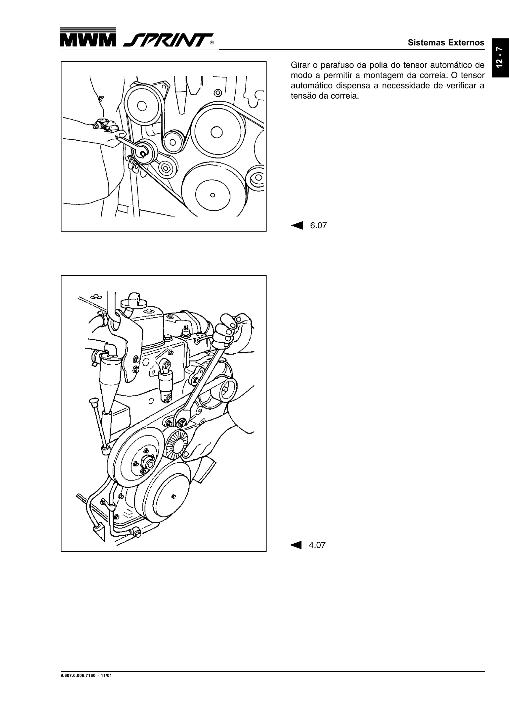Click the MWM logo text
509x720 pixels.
87,40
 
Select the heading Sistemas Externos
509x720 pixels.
446,43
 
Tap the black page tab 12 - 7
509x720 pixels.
500,57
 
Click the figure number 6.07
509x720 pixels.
318,226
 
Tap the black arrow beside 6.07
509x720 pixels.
297,226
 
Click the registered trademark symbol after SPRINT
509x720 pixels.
212,43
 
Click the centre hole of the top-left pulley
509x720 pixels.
142,106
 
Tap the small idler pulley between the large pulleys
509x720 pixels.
172,142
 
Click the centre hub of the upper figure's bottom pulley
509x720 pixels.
213,195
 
